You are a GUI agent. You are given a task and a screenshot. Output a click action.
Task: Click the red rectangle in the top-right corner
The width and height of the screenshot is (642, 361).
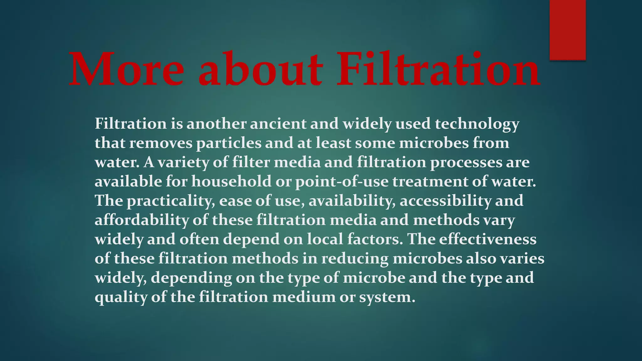click(x=567, y=30)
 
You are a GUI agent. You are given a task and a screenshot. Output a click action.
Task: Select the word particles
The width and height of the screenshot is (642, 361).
click(x=229, y=144)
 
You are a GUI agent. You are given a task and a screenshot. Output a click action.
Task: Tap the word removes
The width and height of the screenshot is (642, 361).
click(x=161, y=143)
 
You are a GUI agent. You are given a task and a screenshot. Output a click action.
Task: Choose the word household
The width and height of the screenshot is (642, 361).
click(x=231, y=181)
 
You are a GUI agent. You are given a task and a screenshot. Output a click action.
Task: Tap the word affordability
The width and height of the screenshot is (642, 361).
click(x=142, y=220)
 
